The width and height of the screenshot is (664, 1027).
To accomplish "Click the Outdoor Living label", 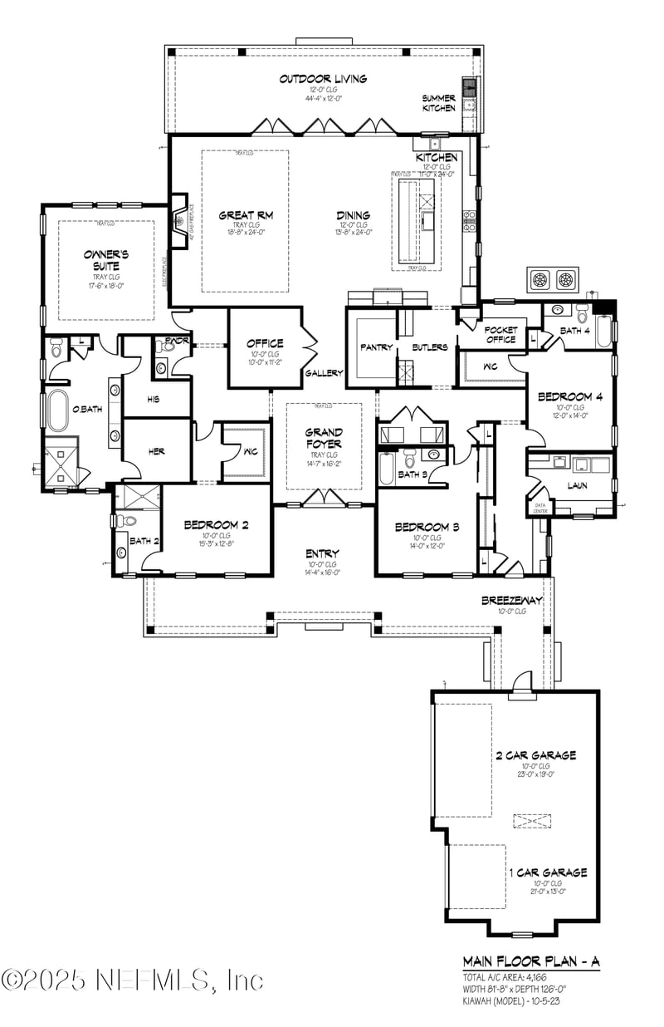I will pyautogui.click(x=311, y=80).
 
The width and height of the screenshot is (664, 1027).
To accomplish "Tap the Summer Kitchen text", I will pyautogui.click(x=439, y=103).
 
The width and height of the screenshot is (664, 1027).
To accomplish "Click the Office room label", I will pyautogui.click(x=265, y=342).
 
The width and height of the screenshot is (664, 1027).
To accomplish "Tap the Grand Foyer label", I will pyautogui.click(x=324, y=438).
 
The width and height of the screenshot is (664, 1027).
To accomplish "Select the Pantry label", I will pyautogui.click(x=376, y=347).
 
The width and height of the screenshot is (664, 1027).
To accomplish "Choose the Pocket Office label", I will pyautogui.click(x=500, y=335).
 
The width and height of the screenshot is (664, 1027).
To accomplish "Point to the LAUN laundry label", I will pyautogui.click(x=577, y=485).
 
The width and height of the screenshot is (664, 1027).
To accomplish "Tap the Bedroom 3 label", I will pyautogui.click(x=427, y=528).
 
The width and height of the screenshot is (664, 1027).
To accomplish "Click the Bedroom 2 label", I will pyautogui.click(x=216, y=524).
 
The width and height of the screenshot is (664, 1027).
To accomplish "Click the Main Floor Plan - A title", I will pyautogui.click(x=531, y=961).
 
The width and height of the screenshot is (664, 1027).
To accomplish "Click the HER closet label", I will pyautogui.click(x=156, y=451).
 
